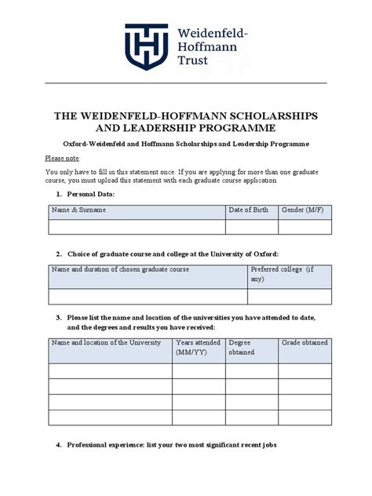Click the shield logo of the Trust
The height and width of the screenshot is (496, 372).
pos(146,46)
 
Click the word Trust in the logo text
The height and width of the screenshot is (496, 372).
pos(193,60)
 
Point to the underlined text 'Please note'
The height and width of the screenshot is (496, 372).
pos(62,158)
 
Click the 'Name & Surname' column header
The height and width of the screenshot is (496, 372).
pos(78,210)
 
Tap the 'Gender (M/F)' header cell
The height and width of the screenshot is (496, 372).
pos(303,210)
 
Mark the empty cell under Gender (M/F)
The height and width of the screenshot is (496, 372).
pos(305,226)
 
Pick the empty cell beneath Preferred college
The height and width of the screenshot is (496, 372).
pos(289,297)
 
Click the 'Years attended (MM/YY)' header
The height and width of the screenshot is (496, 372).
pos(199,347)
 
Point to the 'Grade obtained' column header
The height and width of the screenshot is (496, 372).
pos(305,343)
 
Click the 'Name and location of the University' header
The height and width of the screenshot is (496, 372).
pos(106,343)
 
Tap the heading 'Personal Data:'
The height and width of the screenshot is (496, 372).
pos(91,193)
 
